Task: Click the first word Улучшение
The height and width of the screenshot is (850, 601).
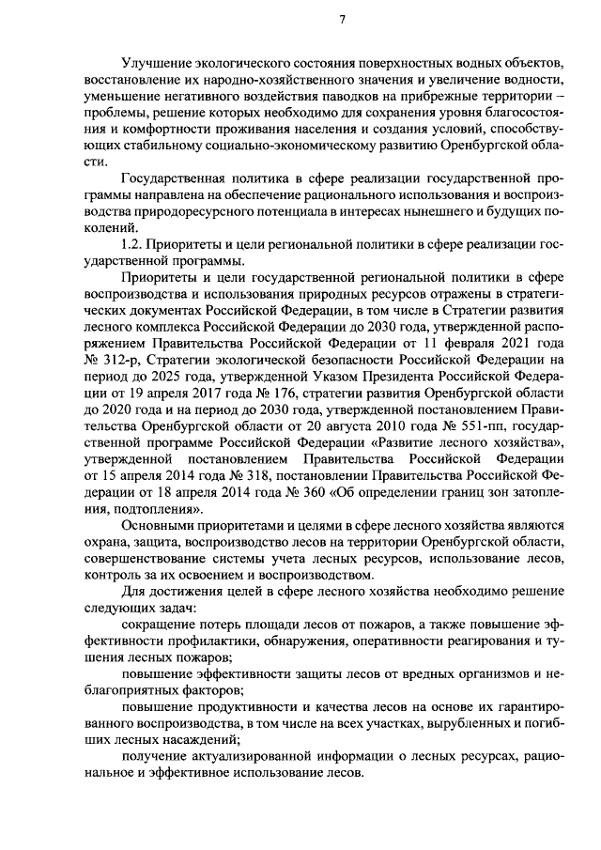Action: point(155,62)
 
